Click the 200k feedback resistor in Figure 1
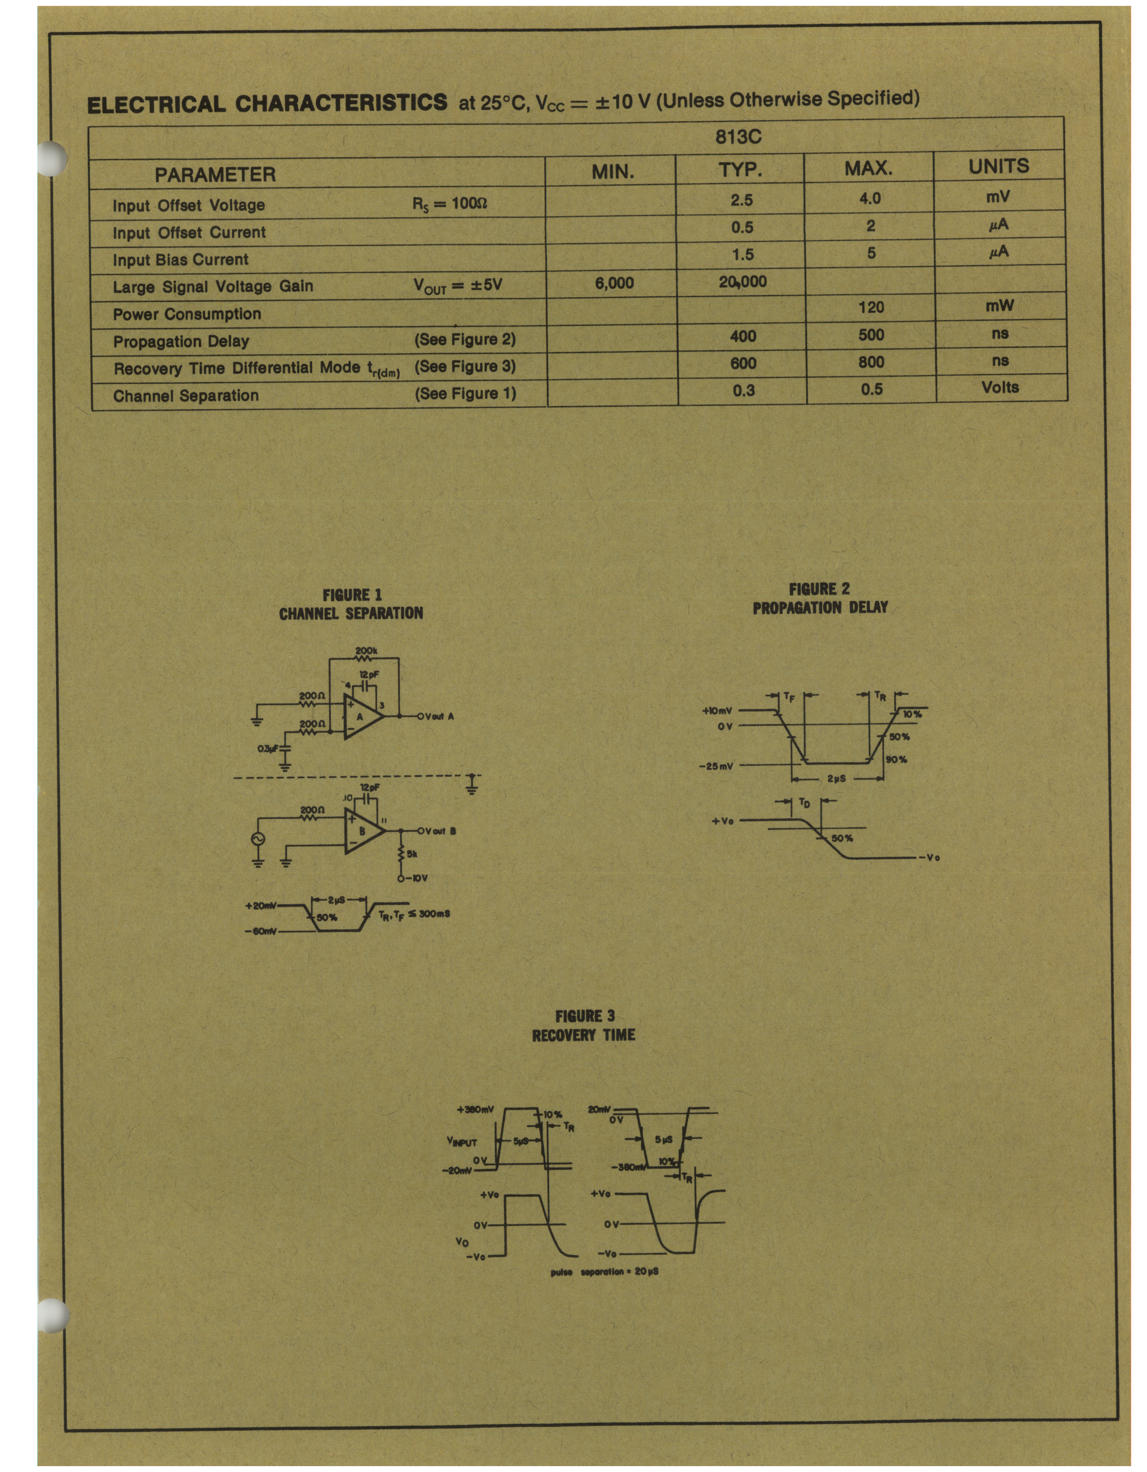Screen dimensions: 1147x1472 [366, 658]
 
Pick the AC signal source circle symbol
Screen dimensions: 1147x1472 [257, 838]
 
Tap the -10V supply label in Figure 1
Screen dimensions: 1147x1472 [416, 878]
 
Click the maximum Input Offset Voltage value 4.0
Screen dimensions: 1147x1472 [870, 199]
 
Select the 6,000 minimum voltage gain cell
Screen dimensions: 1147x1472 [614, 283]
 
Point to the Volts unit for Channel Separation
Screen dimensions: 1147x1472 [1000, 387]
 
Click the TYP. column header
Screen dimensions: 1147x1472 [740, 170]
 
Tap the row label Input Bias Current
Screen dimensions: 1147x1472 [181, 260]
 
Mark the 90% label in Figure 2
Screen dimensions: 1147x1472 [897, 759]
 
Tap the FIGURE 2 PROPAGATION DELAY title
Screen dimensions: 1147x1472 [820, 598]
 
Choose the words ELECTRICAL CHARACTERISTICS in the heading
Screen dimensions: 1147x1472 [267, 103]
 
